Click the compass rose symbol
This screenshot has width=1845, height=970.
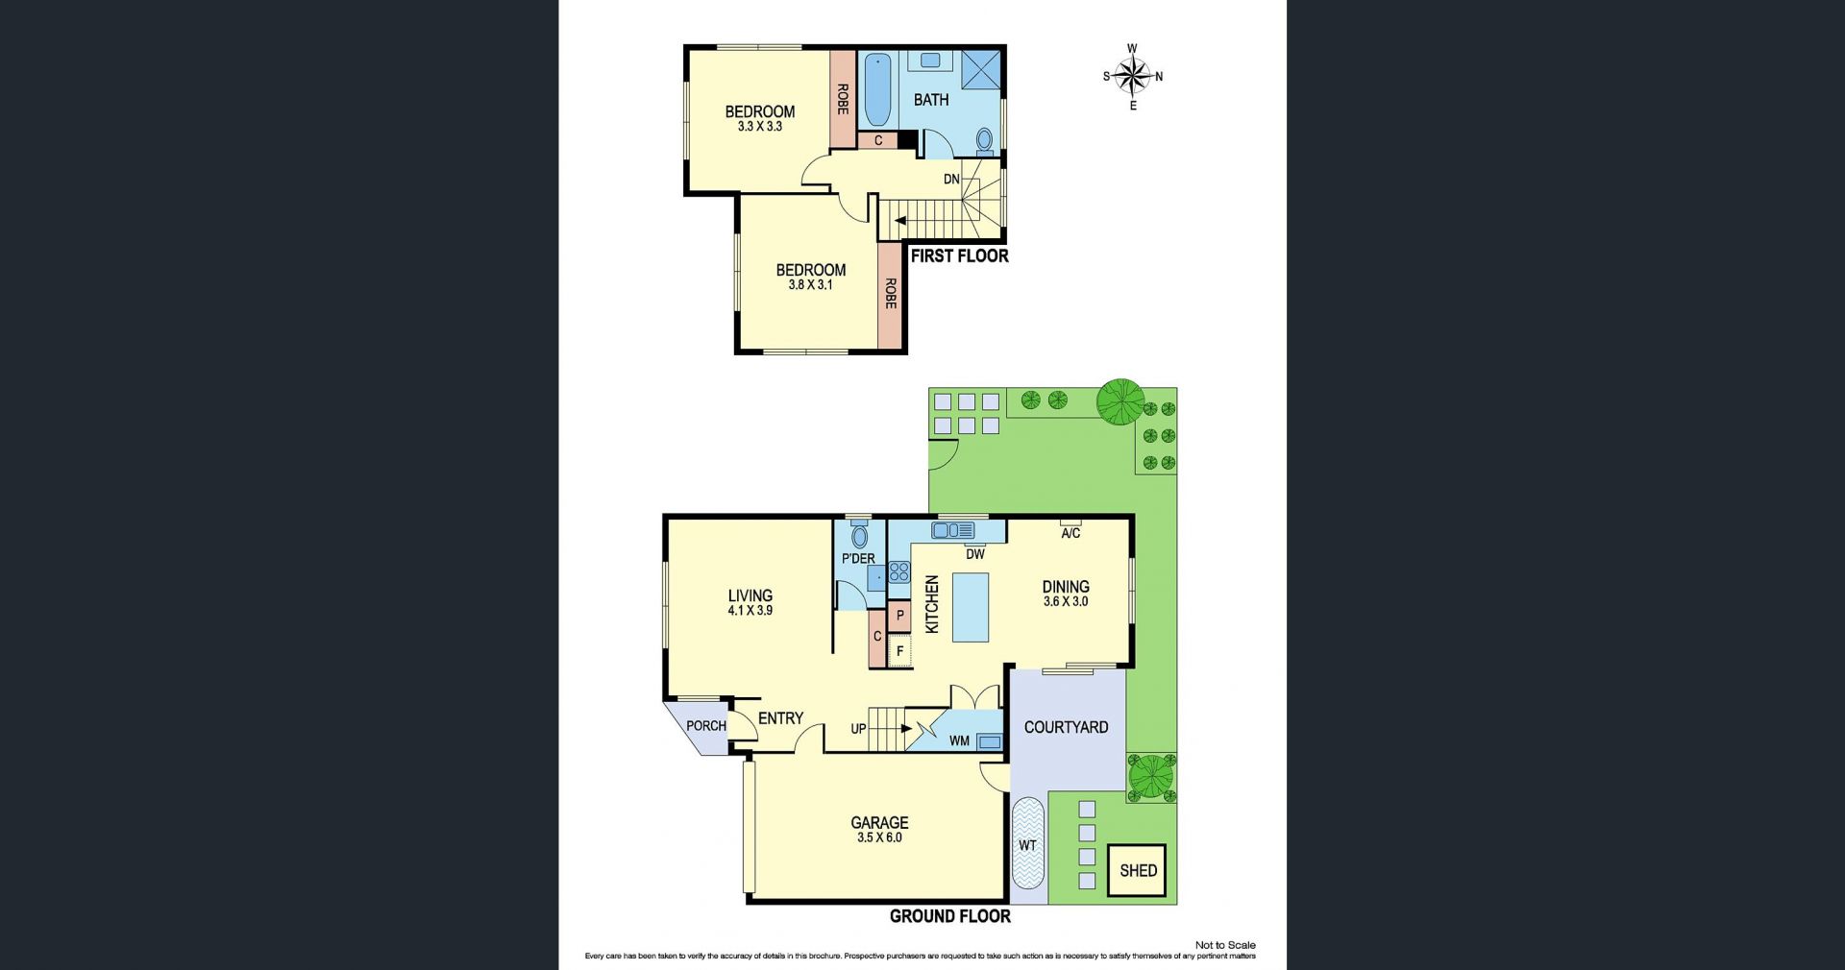coord(1133,77)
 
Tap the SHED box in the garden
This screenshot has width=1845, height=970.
coord(1137,870)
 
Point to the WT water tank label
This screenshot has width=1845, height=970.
coord(1027,845)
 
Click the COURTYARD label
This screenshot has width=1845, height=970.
coord(1066,727)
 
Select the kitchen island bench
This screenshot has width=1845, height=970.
coord(971,607)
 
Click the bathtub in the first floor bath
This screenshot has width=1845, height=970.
coord(877,90)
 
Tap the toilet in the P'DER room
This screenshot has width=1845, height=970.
coord(859,534)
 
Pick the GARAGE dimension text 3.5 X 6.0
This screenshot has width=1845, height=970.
coord(879,837)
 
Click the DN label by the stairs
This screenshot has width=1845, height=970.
coord(951,180)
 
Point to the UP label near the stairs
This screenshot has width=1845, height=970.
coord(858,729)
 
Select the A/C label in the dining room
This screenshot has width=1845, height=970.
coord(1070,533)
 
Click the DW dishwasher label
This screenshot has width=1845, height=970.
coord(975,554)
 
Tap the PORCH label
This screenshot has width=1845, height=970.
coord(706,726)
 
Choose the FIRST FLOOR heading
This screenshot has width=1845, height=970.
coord(959,255)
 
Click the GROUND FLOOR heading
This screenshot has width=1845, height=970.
coord(949,916)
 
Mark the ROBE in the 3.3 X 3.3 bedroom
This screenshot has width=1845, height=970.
coord(843,99)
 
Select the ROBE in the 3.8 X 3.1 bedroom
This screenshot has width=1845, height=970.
coord(891,294)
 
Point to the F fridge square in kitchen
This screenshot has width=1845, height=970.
coord(899,650)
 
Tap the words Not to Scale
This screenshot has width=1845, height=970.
coord(1225,945)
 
